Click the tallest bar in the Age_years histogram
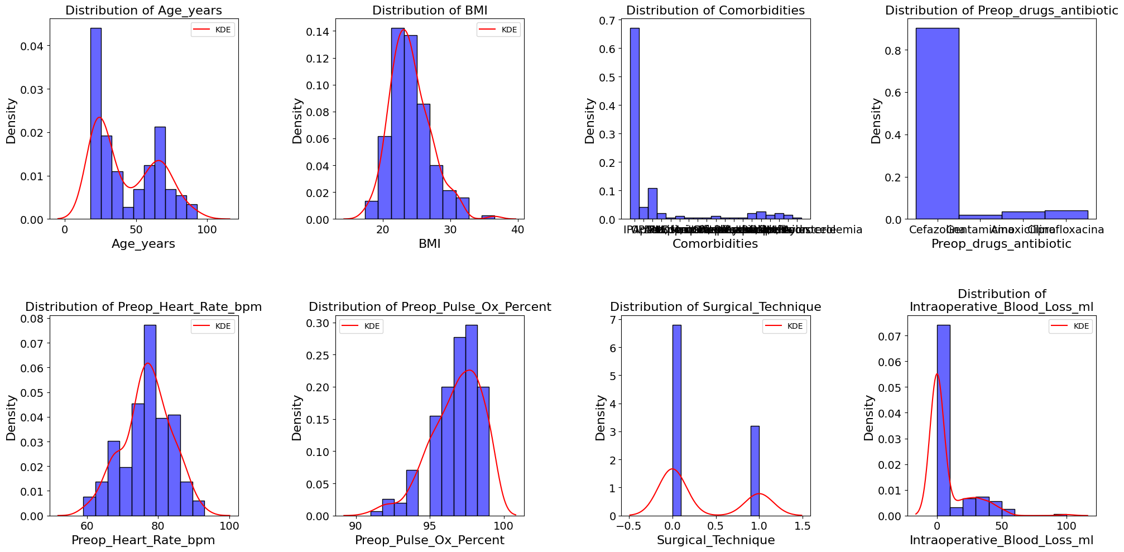click(x=95, y=123)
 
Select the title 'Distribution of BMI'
click(x=429, y=11)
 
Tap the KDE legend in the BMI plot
click(x=498, y=30)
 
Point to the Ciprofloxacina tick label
click(x=1066, y=230)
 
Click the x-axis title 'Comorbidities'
click(x=715, y=244)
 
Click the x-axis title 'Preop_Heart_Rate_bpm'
click(x=143, y=540)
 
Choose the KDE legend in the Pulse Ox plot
click(x=361, y=326)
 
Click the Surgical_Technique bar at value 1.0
click(x=755, y=471)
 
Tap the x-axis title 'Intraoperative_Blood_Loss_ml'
click(x=1001, y=540)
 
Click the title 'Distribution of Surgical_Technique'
click(x=715, y=307)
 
